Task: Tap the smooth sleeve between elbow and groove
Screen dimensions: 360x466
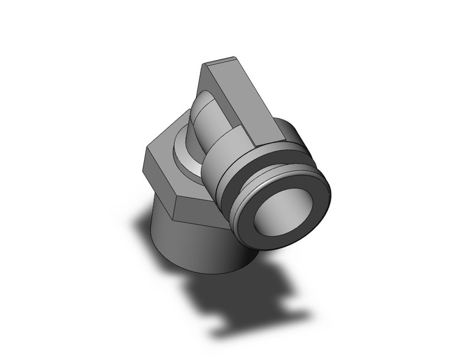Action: (x=218, y=159)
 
